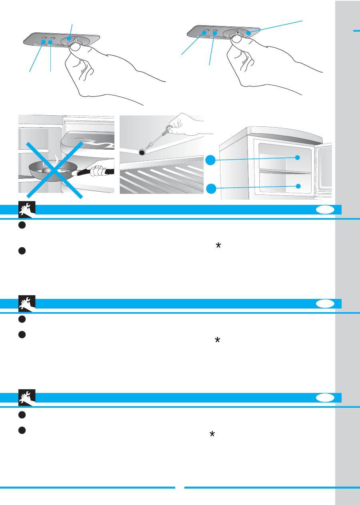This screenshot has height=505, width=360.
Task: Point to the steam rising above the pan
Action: (56, 160)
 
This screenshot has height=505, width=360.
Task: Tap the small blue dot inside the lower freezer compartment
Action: (298, 186)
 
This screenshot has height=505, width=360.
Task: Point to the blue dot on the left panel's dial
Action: (69, 39)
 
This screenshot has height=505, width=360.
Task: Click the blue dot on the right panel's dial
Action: (248, 33)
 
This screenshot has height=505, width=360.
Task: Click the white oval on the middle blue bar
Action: (324, 304)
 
